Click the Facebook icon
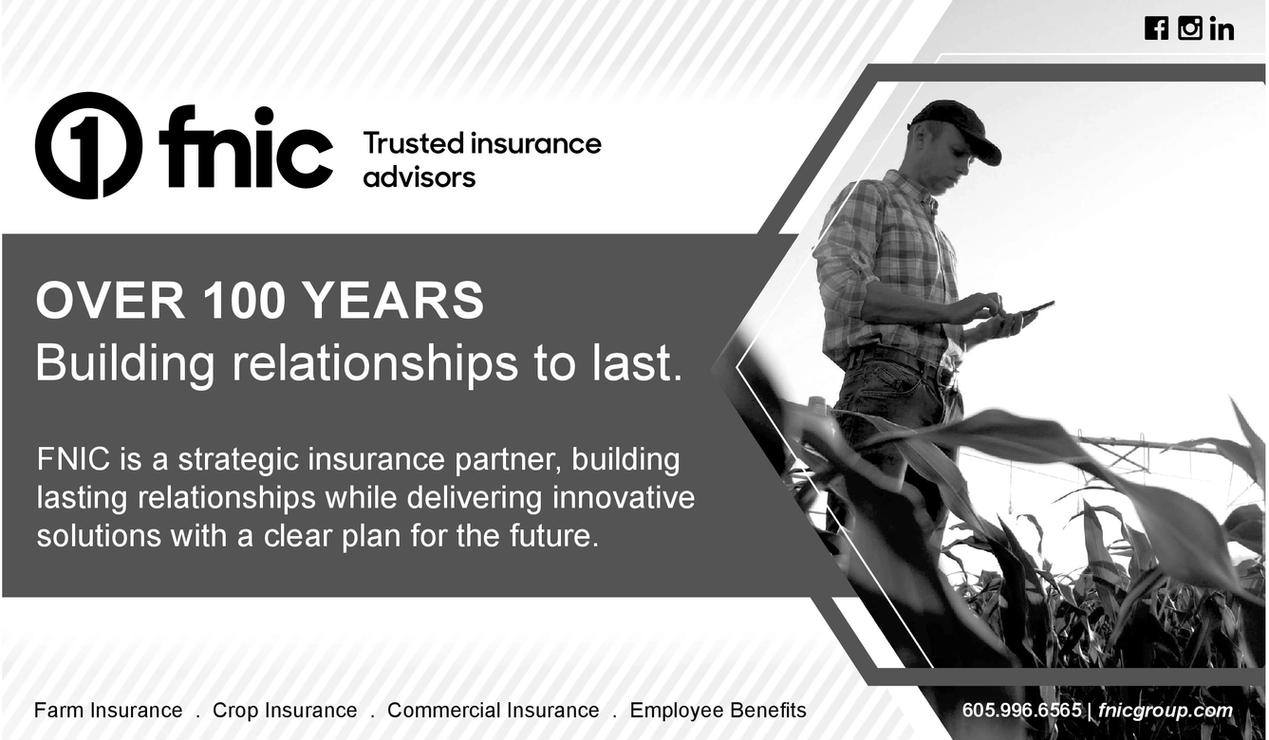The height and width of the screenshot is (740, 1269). click(x=1156, y=28)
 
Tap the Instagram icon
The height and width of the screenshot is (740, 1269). click(x=1190, y=28)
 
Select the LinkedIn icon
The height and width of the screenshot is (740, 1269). click(x=1222, y=29)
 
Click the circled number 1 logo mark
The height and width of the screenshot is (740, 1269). click(x=88, y=145)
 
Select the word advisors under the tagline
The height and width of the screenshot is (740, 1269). click(x=419, y=177)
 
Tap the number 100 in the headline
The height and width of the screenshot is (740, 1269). click(x=243, y=302)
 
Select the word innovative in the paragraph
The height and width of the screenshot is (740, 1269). click(x=624, y=498)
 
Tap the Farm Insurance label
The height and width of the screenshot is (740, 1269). click(x=108, y=711)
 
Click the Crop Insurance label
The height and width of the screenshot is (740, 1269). click(x=285, y=711)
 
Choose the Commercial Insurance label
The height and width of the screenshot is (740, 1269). click(x=494, y=711)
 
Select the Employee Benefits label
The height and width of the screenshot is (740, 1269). click(x=718, y=711)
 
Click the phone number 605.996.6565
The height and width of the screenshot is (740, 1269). click(x=1021, y=711)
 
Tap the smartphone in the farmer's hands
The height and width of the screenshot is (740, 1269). click(x=1032, y=310)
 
